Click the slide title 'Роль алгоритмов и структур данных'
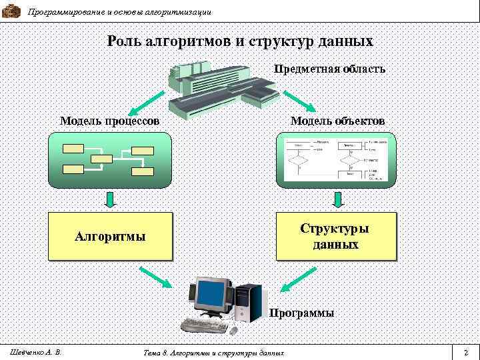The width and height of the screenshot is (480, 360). pos(240,41)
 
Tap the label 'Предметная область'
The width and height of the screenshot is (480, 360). pos(329,69)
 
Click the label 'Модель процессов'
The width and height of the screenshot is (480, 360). pos(109,121)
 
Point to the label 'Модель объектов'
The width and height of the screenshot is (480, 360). pos(337,121)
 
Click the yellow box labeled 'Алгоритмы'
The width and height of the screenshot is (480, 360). pos(110,236)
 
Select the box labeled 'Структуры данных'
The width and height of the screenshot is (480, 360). pos(336,236)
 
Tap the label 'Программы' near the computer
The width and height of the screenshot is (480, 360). pos(302,313)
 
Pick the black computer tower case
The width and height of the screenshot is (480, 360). pos(249,303)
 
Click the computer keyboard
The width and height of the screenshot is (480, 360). pos(203,326)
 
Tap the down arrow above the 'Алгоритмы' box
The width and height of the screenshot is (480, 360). pos(110,199)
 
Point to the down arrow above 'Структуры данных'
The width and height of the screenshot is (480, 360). pos(337,199)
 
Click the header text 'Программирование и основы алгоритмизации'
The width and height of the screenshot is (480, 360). pos(120,12)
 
